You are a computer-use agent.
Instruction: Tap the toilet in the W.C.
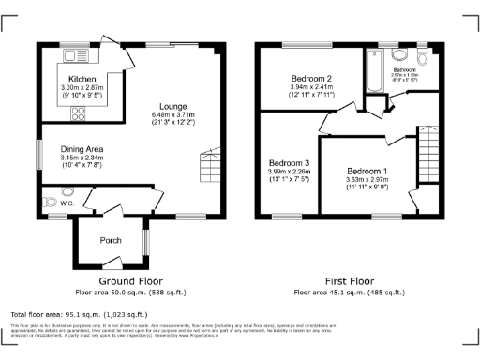tap(49, 202)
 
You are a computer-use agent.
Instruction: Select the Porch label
tap(111, 241)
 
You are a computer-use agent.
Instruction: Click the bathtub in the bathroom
tap(375, 70)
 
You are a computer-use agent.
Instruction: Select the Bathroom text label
tap(405, 69)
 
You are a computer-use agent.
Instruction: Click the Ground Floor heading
tap(130, 280)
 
